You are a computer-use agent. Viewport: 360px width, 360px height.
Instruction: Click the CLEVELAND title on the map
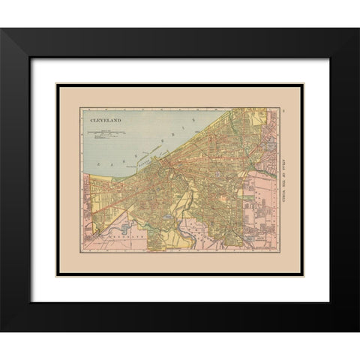[106, 118]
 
